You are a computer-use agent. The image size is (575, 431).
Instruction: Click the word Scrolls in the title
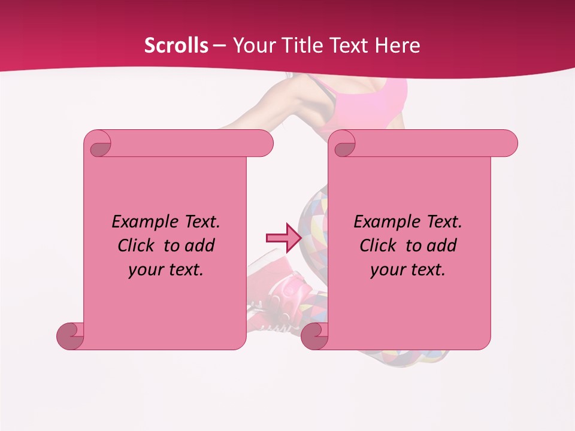(x=176, y=45)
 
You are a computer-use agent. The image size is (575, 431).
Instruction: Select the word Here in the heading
(x=397, y=45)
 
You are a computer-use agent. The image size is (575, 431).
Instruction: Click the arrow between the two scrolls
(x=283, y=238)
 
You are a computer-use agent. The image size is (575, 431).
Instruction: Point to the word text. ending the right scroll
(x=426, y=270)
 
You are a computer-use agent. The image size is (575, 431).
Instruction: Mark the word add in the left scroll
(x=200, y=245)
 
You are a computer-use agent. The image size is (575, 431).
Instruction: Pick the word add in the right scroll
(x=442, y=245)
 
